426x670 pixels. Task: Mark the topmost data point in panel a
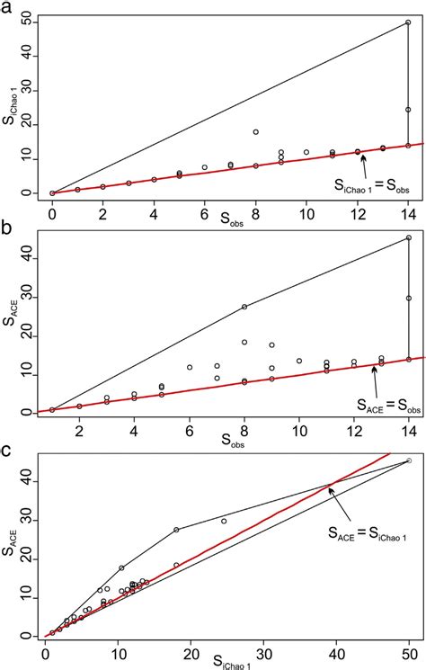[408, 22]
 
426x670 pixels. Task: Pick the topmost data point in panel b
[408, 237]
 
